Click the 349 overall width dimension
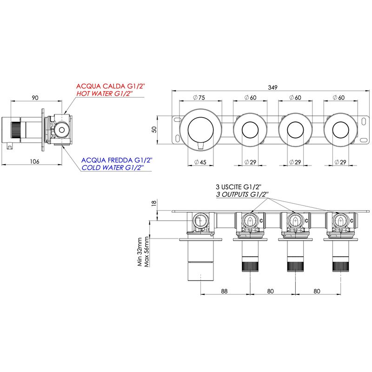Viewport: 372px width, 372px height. click(272, 87)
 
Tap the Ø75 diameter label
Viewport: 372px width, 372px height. click(199, 98)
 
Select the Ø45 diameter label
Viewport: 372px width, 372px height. click(200, 162)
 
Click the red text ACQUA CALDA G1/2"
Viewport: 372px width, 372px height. click(110, 86)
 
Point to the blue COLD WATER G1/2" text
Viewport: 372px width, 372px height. click(113, 167)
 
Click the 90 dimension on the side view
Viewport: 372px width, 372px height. click(35, 98)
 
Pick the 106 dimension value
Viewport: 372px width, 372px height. click(34, 161)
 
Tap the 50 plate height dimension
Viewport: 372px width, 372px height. click(154, 130)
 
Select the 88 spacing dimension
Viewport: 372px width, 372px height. click(224, 291)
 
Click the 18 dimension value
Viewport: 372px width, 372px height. click(154, 203)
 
